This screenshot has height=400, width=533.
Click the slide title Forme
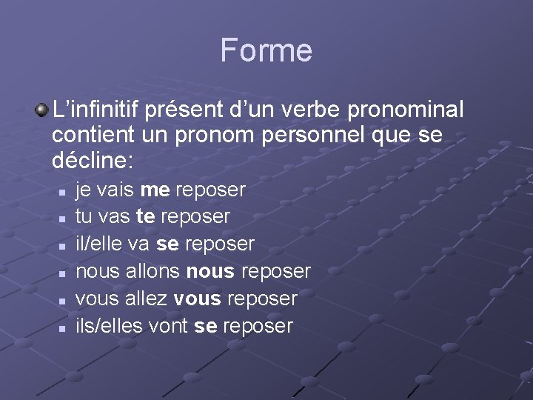pos(266,50)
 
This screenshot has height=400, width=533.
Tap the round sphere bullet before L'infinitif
pos(42,110)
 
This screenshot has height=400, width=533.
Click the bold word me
pos(155,190)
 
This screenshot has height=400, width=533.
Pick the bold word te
pos(146,217)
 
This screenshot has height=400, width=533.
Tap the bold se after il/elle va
pos(167,244)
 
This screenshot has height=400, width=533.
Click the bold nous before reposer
pos(210,271)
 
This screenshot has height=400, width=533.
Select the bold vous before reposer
pos(197,299)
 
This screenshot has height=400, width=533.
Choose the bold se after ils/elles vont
pos(205,326)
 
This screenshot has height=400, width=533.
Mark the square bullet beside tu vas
pos(64,219)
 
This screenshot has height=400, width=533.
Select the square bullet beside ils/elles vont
pos(64,327)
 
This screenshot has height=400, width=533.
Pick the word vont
pos(170,326)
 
